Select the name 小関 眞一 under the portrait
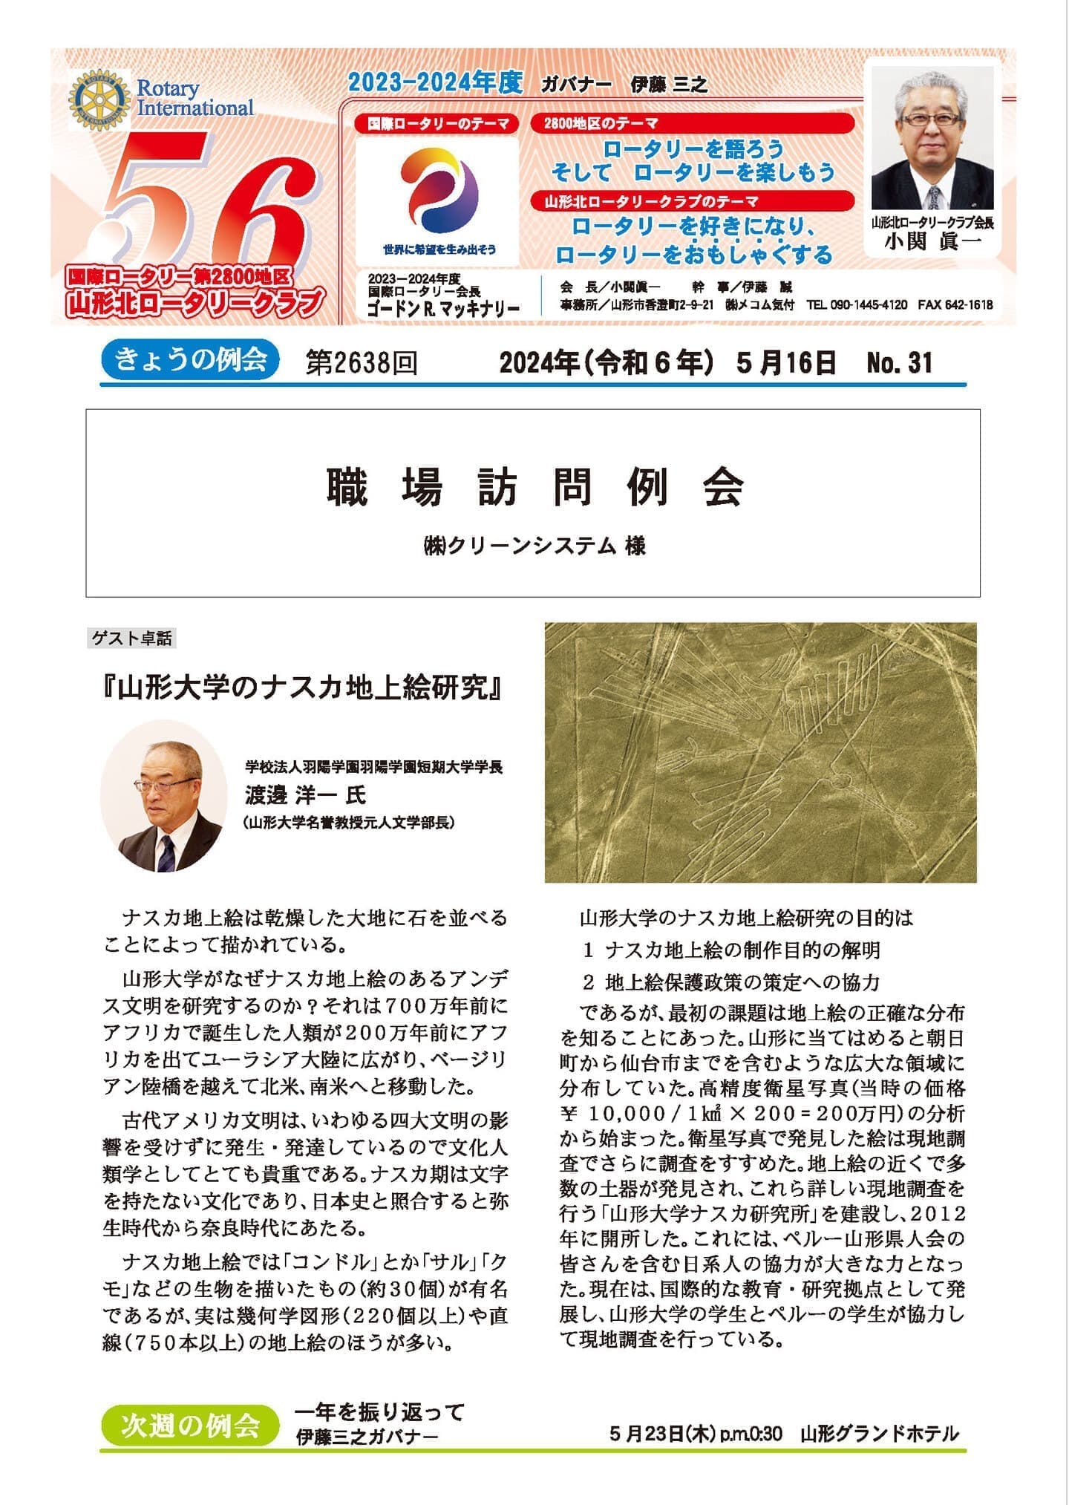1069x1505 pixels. point(932,241)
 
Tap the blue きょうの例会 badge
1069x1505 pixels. point(190,362)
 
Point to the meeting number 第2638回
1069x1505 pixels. point(362,363)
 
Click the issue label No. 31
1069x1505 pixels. point(899,362)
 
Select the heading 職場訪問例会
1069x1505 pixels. point(534,487)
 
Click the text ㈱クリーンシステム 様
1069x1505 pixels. point(534,546)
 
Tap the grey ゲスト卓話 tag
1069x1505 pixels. point(132,638)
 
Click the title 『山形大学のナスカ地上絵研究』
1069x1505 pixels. point(304,688)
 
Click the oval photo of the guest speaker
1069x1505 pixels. point(163,796)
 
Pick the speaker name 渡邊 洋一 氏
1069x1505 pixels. point(306,795)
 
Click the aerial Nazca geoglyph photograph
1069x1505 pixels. point(760,752)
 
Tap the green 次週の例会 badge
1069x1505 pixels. point(190,1425)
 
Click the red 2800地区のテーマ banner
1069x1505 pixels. point(691,123)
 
